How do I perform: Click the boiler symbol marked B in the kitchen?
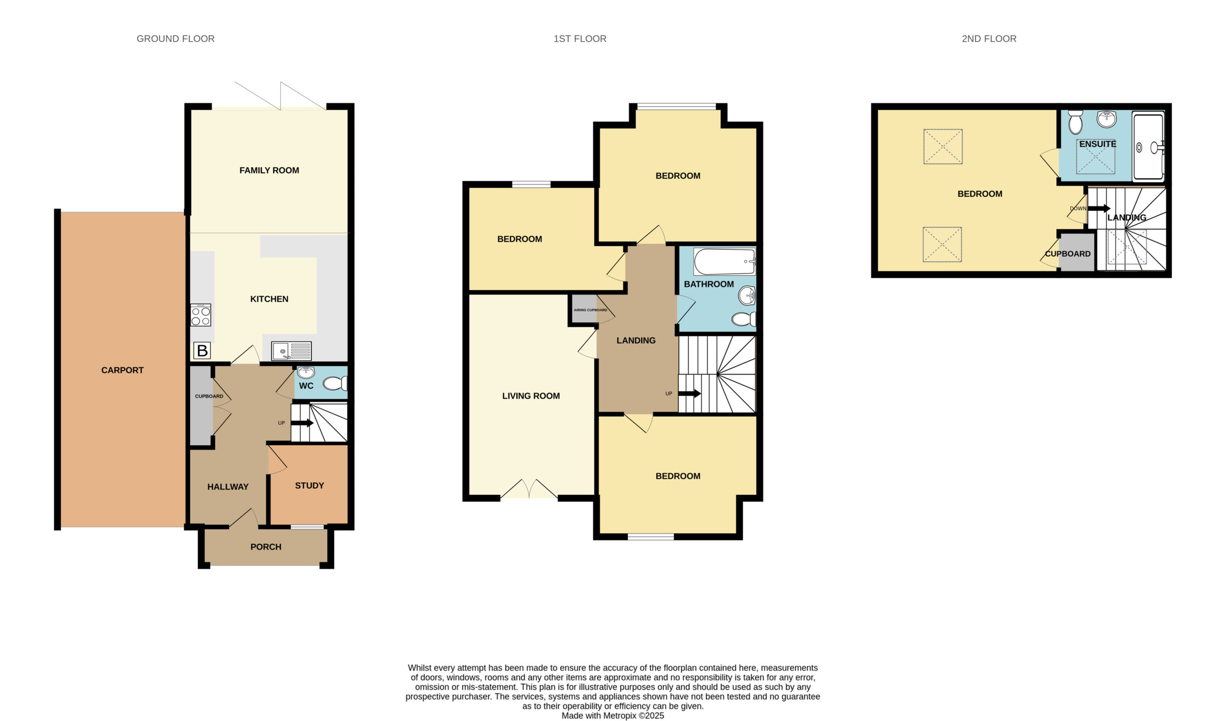pos(202,350)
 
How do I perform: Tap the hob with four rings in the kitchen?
pos(201,315)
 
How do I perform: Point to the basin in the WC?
pos(306,372)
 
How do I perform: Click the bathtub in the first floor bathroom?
pos(725,262)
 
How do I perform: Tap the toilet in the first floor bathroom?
pos(744,319)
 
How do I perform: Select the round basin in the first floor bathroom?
pos(747,295)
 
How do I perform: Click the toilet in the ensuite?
pos(1075,122)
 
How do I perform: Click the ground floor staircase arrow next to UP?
pos(302,423)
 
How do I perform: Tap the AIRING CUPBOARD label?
pos(590,310)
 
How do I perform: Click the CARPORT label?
pos(122,370)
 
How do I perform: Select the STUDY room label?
pos(309,485)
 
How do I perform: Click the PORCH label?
pos(266,547)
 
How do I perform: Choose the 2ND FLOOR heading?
pos(989,39)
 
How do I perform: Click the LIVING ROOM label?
pos(531,396)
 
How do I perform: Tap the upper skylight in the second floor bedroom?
pos(943,147)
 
